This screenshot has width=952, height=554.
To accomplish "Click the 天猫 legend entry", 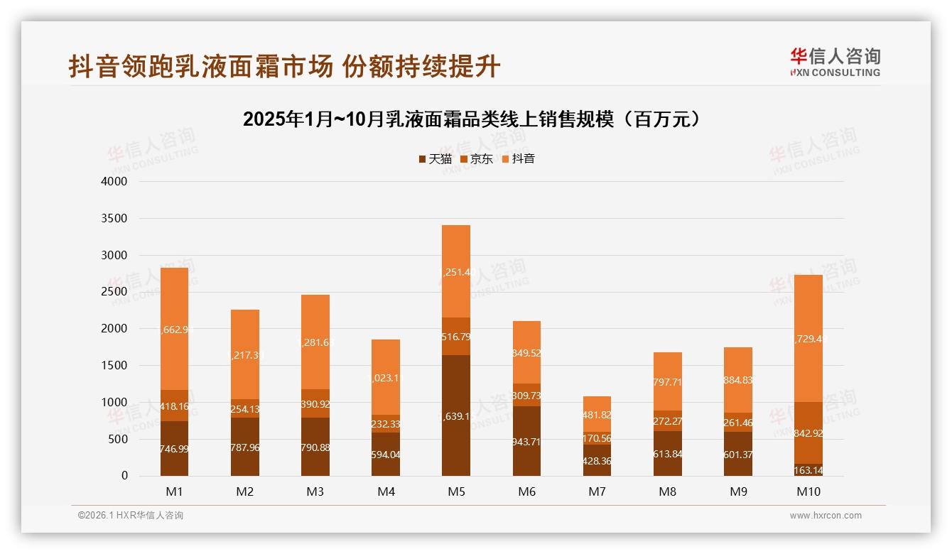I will (435, 159).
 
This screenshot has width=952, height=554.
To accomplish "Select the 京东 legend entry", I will (477, 159).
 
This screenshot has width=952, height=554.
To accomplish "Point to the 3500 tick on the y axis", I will (114, 218).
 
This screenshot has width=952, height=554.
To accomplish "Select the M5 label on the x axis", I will (456, 491).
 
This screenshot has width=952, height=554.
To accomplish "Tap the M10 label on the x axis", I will (808, 491).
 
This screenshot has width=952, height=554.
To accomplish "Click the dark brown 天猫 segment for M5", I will (456, 415).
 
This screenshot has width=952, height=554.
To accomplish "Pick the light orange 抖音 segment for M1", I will (174, 329).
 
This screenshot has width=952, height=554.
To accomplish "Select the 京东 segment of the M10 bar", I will (808, 433).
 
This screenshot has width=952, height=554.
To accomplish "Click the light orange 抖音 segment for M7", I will (597, 415).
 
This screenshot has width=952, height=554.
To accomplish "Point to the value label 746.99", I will (174, 449).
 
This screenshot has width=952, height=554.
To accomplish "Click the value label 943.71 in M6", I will (526, 442).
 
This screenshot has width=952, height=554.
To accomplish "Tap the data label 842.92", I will (808, 433).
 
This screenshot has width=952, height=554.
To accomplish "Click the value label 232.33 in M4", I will (386, 424).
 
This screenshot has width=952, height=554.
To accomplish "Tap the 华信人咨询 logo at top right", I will (835, 62).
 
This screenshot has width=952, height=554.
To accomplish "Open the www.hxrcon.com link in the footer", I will (825, 516).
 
